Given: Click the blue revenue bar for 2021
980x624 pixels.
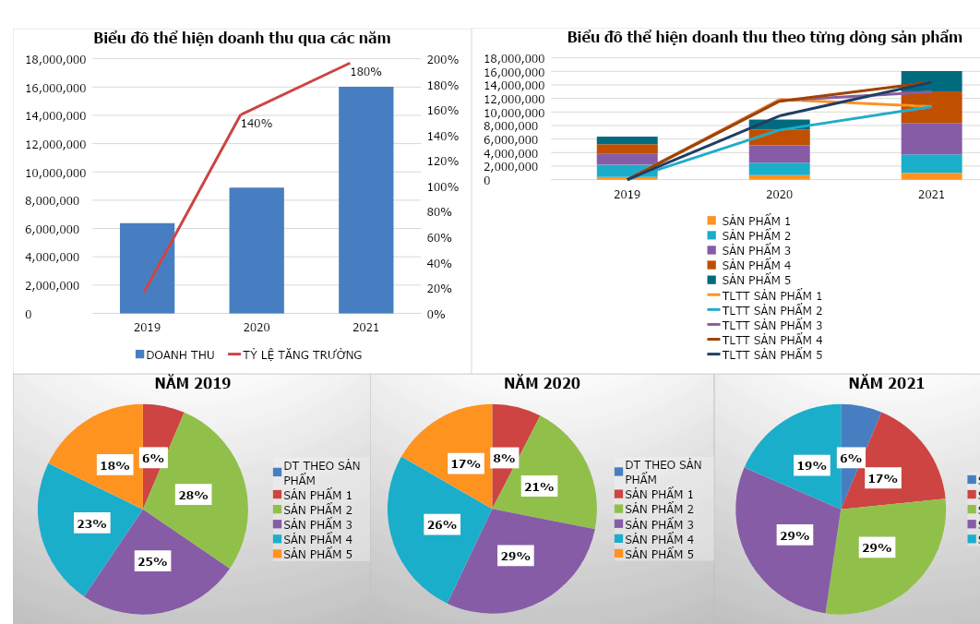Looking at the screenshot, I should coord(366,200).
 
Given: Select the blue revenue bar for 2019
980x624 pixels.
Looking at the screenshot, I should coord(147,268).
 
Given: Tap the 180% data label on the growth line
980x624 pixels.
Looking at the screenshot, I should coord(366,72).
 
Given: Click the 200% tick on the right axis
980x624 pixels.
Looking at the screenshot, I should coord(443,60).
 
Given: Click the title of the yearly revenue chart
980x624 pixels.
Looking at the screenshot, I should coord(242,39).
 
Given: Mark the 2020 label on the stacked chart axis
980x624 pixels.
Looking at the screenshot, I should coord(779,195).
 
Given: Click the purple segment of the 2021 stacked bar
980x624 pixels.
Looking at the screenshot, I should coord(930,138).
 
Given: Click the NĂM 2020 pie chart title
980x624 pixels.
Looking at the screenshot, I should coord(542,384).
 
